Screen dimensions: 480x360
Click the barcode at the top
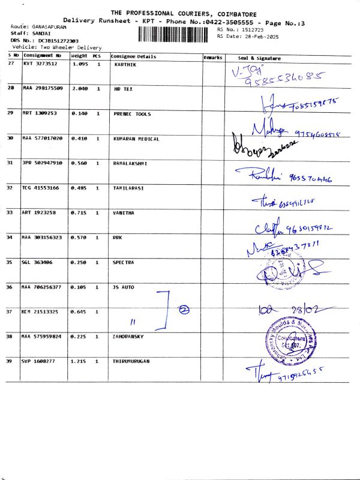(176, 33)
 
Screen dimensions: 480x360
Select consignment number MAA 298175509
(43, 88)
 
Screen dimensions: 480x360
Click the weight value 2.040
(80, 88)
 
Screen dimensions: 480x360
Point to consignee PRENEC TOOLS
(132, 113)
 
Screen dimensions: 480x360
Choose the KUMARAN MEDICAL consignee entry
(136, 139)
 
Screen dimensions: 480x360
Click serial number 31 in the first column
(10, 163)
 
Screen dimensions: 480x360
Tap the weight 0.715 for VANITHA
(80, 212)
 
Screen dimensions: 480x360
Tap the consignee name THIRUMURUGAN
(132, 361)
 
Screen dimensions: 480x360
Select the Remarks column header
(213, 57)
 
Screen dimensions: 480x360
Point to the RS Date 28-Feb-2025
(248, 36)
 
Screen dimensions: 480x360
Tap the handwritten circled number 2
(184, 310)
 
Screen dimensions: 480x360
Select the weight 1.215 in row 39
(80, 361)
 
